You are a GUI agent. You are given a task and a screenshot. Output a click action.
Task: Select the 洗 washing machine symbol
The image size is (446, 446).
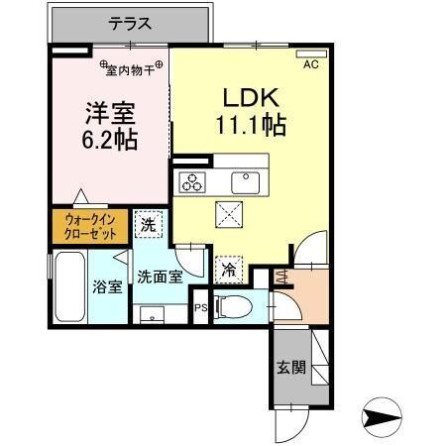click(x=146, y=225)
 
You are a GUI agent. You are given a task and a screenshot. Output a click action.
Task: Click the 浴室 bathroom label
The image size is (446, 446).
click(x=107, y=288)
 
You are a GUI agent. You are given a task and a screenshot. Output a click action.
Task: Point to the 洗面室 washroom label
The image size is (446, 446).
click(x=159, y=278)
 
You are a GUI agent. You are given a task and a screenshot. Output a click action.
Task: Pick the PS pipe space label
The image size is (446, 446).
click(x=199, y=308)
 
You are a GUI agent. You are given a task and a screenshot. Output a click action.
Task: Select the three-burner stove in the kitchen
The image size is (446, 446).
click(x=191, y=181)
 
